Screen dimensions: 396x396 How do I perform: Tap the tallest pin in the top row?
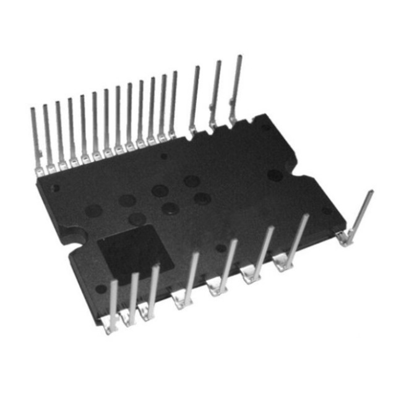click(236, 87)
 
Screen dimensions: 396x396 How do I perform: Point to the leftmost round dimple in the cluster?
click(93, 211)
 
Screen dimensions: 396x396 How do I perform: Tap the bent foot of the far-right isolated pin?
click(345, 238)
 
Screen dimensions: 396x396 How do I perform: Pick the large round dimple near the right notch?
click(275, 176)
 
